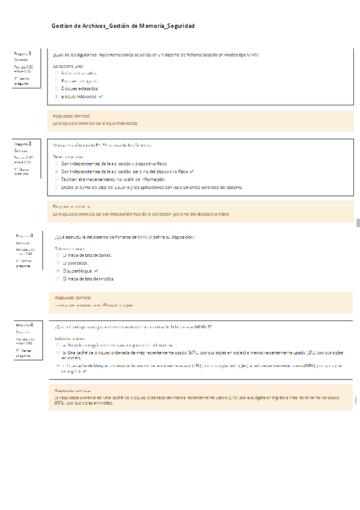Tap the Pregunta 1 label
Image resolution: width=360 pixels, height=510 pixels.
pyautogui.click(x=23, y=54)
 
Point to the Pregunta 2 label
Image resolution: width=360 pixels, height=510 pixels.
pyautogui.click(x=23, y=144)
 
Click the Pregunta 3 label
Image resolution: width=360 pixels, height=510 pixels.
pyautogui.click(x=25, y=236)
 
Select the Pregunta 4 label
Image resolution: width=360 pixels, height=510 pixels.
pyautogui.click(x=25, y=325)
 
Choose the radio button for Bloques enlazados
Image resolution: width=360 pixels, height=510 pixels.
pyautogui.click(x=56, y=88)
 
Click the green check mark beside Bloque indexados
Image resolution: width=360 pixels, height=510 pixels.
pyautogui.click(x=101, y=96)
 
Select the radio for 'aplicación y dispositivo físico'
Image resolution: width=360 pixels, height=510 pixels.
pyautogui.click(x=56, y=164)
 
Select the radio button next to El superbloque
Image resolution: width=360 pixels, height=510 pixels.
pyautogui.click(x=57, y=271)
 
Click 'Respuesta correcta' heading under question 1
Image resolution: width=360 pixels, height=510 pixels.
pyautogui.click(x=72, y=115)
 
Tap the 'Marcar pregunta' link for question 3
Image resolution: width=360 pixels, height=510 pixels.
pyautogui.click(x=25, y=263)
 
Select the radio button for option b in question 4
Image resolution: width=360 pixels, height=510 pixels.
pyautogui.click(x=57, y=353)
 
